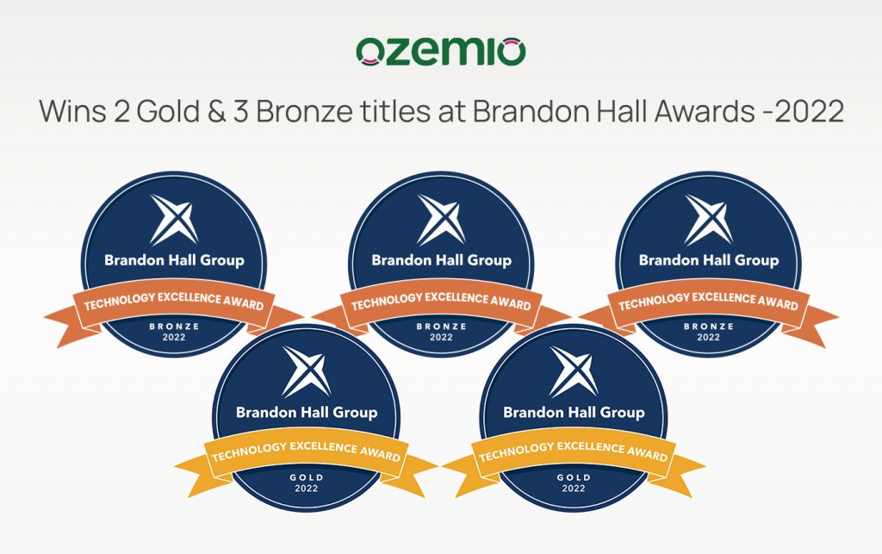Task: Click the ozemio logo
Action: pos(440,52)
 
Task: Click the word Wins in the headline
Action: pos(72,111)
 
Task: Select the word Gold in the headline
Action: pos(168,111)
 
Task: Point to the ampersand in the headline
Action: pos(216,111)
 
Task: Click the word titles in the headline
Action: pos(394,111)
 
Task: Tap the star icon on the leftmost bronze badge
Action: pos(174,220)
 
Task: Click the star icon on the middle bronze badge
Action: pos(441,220)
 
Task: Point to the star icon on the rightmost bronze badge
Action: pos(708,220)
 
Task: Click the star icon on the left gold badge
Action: pos(307,371)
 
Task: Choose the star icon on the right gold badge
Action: pos(574,371)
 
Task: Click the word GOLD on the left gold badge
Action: pos(307,477)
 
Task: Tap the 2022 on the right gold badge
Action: pos(574,489)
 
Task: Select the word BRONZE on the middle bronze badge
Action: pos(441,327)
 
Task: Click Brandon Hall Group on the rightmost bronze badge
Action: pos(709,260)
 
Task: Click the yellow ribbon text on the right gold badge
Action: pos(574,451)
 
